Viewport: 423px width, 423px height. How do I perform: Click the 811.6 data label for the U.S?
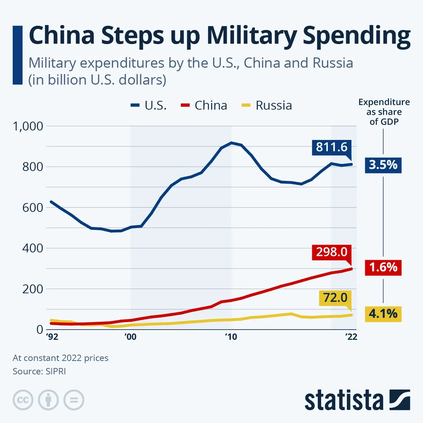click(331, 147)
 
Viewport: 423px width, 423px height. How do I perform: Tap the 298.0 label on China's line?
click(331, 252)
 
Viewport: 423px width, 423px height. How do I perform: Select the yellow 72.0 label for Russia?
click(335, 298)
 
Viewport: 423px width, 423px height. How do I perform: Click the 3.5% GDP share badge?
click(383, 165)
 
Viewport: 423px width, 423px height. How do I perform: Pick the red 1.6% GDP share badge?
click(383, 267)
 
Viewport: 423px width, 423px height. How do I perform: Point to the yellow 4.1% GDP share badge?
click(383, 313)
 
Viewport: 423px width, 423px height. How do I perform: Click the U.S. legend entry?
click(149, 105)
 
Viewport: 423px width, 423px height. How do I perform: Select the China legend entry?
click(204, 105)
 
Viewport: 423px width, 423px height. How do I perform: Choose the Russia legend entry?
click(267, 105)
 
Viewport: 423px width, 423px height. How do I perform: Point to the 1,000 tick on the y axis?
click(28, 126)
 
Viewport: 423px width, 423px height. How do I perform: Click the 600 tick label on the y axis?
click(32, 208)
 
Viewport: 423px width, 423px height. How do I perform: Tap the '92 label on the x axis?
click(52, 337)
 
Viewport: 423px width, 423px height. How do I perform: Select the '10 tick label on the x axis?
click(231, 337)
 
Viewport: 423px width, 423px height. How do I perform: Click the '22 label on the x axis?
click(351, 337)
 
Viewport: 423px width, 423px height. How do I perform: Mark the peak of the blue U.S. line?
click(231, 143)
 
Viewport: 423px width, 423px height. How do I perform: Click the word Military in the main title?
click(252, 36)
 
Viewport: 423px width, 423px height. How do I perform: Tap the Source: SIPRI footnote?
click(39, 371)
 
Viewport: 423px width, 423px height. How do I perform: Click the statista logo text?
click(344, 400)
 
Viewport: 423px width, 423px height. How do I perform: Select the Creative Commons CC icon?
click(23, 400)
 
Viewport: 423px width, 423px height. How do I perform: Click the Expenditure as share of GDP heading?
click(384, 112)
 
